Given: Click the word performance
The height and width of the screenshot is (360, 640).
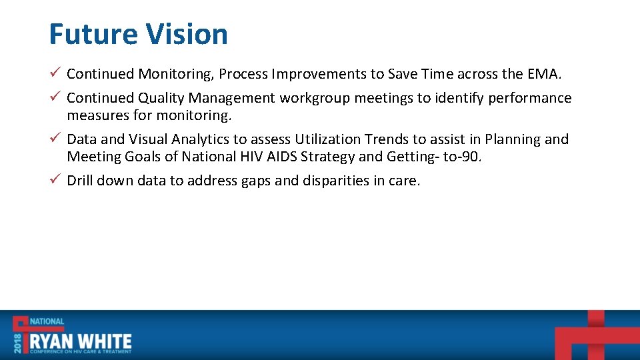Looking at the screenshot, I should point(529,98).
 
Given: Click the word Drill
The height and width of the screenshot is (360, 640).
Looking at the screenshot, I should point(80,181).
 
